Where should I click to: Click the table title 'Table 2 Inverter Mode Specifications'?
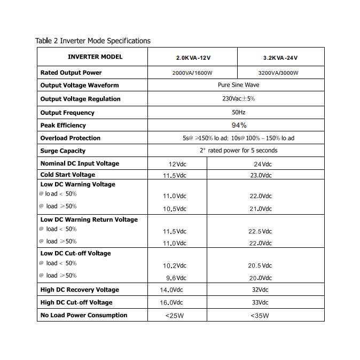pos(93,41)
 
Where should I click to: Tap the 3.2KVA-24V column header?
pos(280,58)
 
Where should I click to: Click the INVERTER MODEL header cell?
pos(95,57)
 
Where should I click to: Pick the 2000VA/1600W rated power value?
pos(191,73)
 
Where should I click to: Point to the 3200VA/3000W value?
pos(278,73)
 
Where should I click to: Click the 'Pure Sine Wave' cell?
pos(238,85)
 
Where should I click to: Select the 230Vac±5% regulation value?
pos(238,99)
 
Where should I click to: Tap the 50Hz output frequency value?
pos(238,112)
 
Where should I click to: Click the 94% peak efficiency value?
pos(239,125)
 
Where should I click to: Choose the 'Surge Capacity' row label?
pos(63,151)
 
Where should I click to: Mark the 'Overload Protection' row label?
pos(70,138)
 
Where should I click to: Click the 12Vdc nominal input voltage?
pos(177,164)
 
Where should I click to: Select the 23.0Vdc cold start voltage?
pos(260,175)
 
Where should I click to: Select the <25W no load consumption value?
pos(175,316)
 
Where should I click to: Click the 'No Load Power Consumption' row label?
pos(84,315)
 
